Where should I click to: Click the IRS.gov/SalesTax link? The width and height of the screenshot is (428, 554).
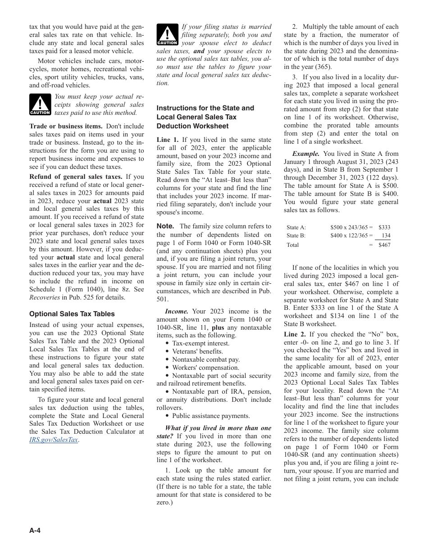pyautogui.click(x=54, y=440)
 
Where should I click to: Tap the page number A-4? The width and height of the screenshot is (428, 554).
pyautogui.click(x=35, y=531)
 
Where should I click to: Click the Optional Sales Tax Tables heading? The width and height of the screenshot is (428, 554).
pyautogui.click(x=72, y=314)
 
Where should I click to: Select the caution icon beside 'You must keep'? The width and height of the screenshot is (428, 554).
pyautogui.click(x=40, y=105)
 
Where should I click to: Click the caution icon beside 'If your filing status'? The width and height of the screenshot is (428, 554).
pyautogui.click(x=167, y=35)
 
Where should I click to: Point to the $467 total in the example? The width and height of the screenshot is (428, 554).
pyautogui.click(x=384, y=245)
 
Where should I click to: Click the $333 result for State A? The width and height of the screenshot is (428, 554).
pyautogui.click(x=384, y=227)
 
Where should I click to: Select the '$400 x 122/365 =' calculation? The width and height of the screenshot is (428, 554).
pyautogui.click(x=351, y=236)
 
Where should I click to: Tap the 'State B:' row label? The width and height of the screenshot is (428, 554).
pyautogui.click(x=296, y=236)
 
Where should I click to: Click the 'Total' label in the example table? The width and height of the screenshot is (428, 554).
pyautogui.click(x=293, y=245)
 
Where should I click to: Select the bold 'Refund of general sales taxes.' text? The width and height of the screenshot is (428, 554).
pyautogui.click(x=76, y=177)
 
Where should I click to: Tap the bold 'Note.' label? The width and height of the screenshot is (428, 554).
pyautogui.click(x=165, y=227)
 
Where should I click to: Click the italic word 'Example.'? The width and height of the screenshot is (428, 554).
pyautogui.click(x=306, y=154)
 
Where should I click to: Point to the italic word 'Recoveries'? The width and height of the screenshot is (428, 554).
pyautogui.click(x=45, y=298)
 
